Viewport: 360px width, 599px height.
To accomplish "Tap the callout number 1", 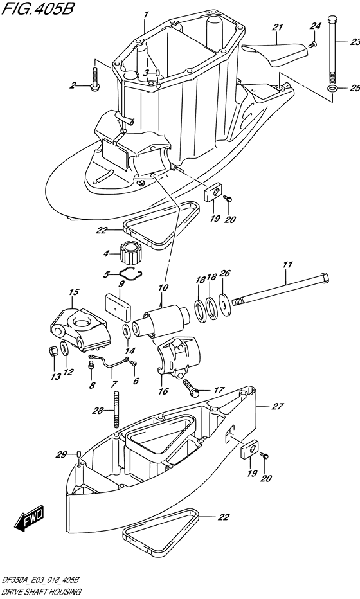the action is point(145,15).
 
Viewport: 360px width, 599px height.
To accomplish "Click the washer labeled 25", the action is point(332,89).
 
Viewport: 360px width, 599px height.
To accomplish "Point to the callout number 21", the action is point(278,27).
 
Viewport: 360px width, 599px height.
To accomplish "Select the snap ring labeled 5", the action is point(130,273).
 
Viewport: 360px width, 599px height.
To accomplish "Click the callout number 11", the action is point(287,264).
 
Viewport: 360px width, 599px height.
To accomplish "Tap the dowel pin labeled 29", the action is point(78,454).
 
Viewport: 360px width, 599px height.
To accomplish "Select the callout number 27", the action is point(278,406).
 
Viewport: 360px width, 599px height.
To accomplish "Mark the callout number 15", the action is point(74,292).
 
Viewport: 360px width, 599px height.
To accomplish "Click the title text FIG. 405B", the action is point(37,8).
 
